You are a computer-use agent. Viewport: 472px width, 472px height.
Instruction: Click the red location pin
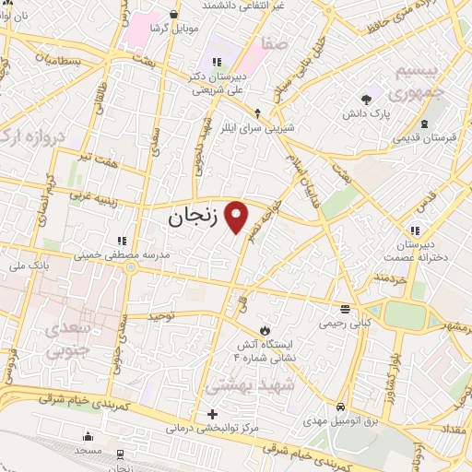click(x=237, y=216)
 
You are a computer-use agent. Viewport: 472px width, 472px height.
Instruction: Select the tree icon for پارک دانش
click(x=368, y=98)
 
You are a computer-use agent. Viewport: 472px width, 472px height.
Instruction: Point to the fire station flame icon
click(x=265, y=327)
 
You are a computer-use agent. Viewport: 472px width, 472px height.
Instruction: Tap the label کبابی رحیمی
click(x=344, y=324)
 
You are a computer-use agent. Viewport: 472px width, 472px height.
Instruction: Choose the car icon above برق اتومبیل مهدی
click(x=341, y=407)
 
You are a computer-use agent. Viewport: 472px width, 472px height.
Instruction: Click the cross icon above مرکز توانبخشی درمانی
click(x=214, y=414)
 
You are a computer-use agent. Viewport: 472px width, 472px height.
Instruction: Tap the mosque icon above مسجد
click(x=88, y=437)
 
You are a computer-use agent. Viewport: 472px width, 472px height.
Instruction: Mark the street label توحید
click(x=160, y=315)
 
